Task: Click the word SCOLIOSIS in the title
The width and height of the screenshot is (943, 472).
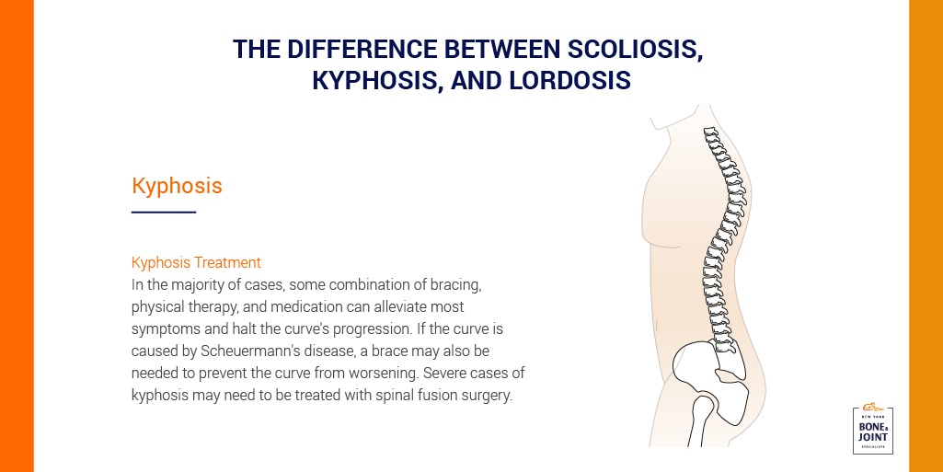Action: tap(635, 50)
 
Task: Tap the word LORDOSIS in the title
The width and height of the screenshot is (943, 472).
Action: tap(570, 81)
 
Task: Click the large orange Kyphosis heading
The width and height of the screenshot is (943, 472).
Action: tap(177, 186)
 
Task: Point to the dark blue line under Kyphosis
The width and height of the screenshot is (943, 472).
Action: tap(164, 212)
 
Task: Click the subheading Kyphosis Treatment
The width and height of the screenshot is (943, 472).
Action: tap(196, 263)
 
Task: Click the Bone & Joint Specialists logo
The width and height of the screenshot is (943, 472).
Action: tap(873, 430)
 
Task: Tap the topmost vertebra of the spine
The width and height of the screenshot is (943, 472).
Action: tap(711, 132)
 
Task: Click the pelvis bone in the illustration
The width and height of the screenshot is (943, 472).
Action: tap(709, 373)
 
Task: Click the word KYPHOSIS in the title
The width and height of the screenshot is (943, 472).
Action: tap(374, 81)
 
